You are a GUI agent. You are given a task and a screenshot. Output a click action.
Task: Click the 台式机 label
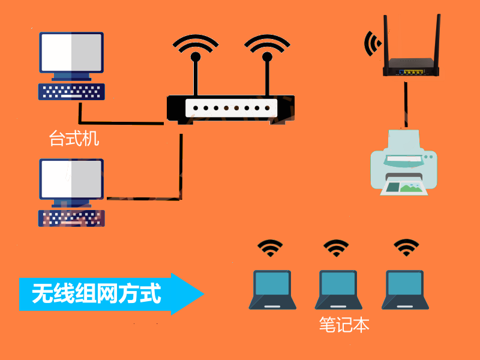coord(74,139)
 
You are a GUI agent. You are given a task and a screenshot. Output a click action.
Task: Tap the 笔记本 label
coord(344,325)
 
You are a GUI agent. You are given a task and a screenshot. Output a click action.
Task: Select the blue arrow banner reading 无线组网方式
coord(112,294)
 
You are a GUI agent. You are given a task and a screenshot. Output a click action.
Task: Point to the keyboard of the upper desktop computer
coord(71,92)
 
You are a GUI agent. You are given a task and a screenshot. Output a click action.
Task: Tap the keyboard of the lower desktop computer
coord(71,218)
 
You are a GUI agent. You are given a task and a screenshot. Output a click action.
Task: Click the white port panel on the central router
coord(231,108)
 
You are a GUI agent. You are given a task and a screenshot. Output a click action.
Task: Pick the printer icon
coord(404,163)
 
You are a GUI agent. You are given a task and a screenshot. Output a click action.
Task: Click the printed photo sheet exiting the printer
coord(404,187)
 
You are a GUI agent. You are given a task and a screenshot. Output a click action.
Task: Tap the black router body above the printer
coord(411,67)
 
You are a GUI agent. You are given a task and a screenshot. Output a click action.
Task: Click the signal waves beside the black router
coord(373,43)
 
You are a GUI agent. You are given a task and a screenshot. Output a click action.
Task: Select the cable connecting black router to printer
coord(406,104)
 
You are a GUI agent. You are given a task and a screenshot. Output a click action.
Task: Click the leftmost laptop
coord(272,290)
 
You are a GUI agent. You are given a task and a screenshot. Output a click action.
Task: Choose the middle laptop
coord(338,290)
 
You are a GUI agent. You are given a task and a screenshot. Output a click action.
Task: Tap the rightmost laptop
coord(405,290)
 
